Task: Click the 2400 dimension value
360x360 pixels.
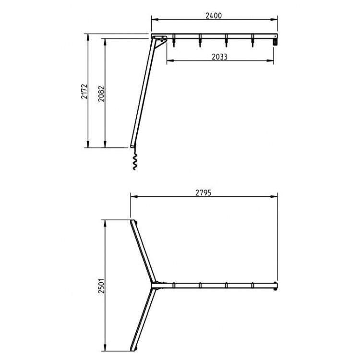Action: click(x=214, y=15)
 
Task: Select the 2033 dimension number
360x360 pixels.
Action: click(x=219, y=56)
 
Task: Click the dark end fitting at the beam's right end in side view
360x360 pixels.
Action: click(x=276, y=42)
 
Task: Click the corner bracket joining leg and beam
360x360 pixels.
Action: click(x=161, y=39)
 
